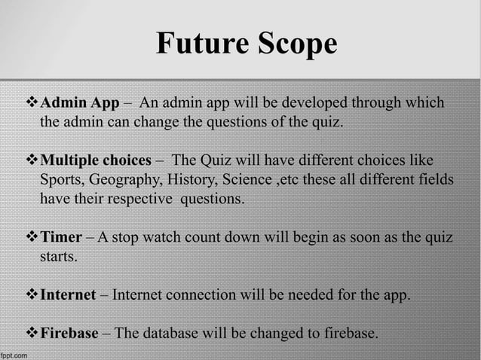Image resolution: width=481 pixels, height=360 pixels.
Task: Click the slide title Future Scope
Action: click(246, 44)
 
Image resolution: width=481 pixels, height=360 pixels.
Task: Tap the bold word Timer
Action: click(60, 238)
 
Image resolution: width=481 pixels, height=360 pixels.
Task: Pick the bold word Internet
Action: click(67, 294)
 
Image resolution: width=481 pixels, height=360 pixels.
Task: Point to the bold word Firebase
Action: click(69, 332)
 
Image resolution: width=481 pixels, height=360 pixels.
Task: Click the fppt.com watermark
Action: click(15, 353)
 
